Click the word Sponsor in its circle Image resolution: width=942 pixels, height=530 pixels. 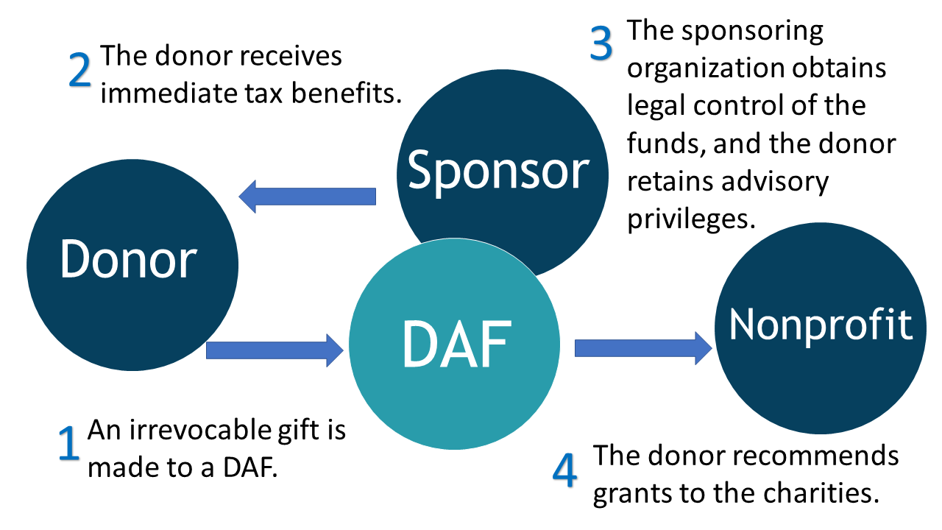click(x=498, y=171)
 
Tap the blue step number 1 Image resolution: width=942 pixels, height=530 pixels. click(x=68, y=444)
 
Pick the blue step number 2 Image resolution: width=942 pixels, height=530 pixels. click(x=79, y=71)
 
